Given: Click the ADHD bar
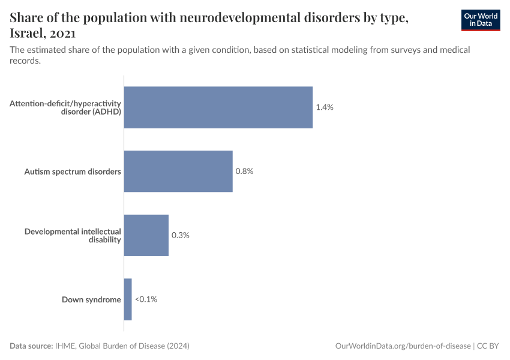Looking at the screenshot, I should (218, 107).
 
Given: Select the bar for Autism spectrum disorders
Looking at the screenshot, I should (178, 171).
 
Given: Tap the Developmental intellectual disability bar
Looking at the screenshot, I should (146, 235).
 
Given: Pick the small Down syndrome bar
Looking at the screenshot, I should (128, 299).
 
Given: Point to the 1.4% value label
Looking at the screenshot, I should (324, 107).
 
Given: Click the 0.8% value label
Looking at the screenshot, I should (244, 171).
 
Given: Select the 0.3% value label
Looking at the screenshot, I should (180, 235).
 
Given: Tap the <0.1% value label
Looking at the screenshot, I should (146, 299).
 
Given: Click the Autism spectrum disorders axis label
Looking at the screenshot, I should (73, 172).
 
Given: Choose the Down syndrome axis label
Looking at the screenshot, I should (91, 299).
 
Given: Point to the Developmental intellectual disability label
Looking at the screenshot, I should (73, 235).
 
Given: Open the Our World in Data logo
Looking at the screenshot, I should (481, 20).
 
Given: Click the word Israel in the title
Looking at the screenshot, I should (28, 34).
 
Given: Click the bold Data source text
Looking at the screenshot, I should (31, 346).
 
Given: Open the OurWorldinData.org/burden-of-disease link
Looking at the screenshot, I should (403, 346).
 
